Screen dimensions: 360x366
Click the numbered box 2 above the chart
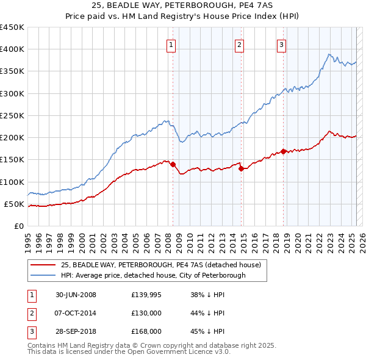pos(239,44)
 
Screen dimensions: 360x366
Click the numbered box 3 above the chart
pos(281,44)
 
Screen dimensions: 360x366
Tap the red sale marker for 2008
pos(173,164)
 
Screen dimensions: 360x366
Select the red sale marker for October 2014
pos(241,168)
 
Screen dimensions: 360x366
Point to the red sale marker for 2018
pos(284,152)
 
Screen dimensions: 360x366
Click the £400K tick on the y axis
pos(12,49)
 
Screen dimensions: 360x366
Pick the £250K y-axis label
pos(12,115)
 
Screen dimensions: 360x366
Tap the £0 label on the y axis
pos(18,226)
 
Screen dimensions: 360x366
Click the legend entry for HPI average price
pos(152,275)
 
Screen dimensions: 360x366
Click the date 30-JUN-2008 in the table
pos(76,295)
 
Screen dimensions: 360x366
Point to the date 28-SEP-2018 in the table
pos(76,331)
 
